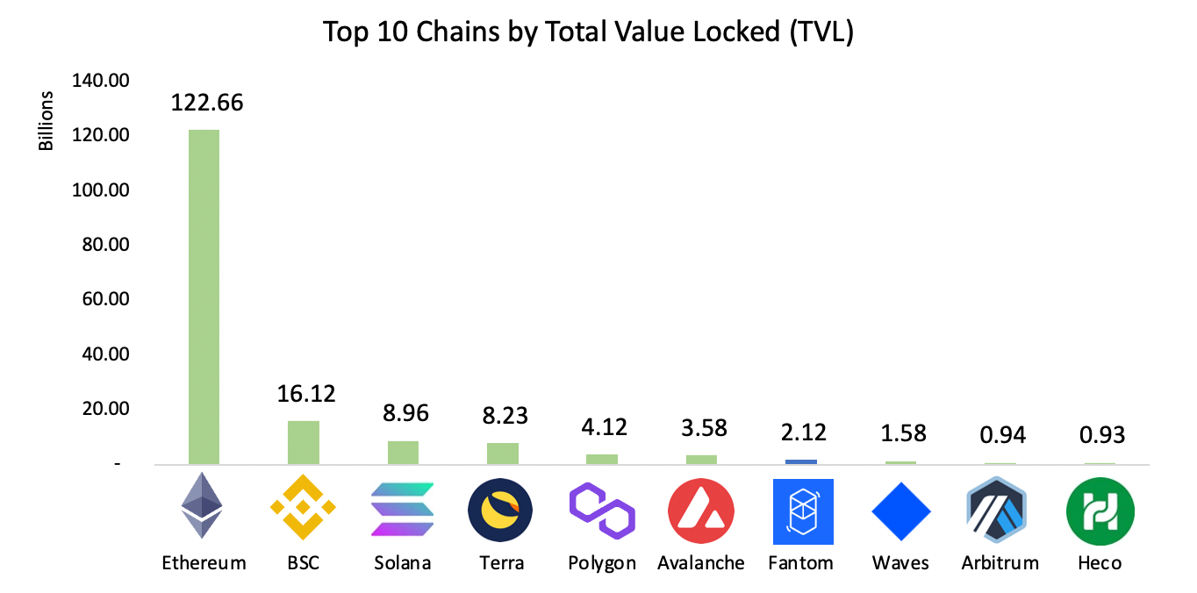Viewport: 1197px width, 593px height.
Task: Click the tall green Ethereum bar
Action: (204, 296)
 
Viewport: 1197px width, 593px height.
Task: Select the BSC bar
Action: (303, 442)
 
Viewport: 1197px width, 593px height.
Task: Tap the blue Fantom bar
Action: (800, 461)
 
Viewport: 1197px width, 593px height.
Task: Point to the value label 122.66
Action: (207, 103)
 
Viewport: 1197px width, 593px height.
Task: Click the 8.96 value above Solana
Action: (403, 413)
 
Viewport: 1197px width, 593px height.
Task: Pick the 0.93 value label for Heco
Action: (1100, 435)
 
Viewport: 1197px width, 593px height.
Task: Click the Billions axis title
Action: (47, 121)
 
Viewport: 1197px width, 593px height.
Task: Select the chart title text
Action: (588, 32)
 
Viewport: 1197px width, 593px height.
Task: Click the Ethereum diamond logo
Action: (202, 507)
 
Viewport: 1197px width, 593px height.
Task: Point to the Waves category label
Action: (900, 562)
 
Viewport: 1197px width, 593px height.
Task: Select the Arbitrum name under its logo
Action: (1000, 562)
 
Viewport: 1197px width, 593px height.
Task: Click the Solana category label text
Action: (402, 562)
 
